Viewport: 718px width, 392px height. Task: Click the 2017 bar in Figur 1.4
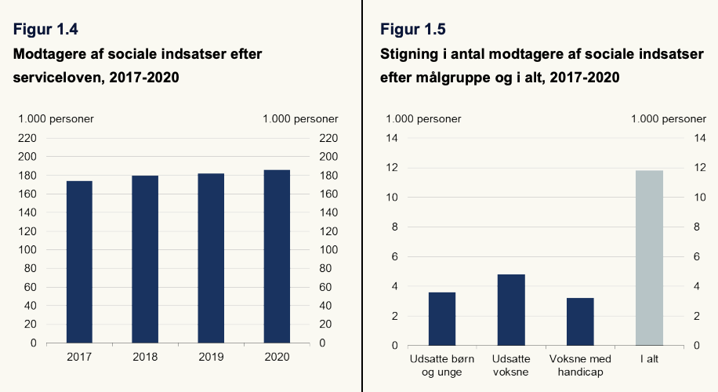coord(79,262)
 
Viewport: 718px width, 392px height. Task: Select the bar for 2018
coord(145,260)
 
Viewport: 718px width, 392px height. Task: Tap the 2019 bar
coord(211,258)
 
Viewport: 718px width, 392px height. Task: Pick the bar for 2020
coord(277,256)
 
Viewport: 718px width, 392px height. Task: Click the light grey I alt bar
coord(649,258)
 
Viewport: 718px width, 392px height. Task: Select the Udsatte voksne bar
coord(511,310)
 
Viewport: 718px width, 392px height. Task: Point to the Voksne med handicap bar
coord(580,321)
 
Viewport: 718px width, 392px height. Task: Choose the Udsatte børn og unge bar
coord(442,319)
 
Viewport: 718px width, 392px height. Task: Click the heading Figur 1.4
coord(45,29)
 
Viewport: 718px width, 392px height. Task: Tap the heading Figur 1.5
coord(412,29)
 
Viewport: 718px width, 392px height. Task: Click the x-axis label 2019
coord(211,357)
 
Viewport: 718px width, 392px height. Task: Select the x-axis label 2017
coord(79,357)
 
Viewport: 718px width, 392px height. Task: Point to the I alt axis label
coord(649,359)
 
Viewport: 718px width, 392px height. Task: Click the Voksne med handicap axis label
coord(580,365)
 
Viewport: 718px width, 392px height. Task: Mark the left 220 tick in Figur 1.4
coord(27,138)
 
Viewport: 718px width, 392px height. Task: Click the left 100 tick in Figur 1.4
coord(27,250)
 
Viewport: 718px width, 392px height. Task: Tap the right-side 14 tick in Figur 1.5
coord(700,138)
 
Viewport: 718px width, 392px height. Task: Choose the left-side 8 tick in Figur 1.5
coord(395,227)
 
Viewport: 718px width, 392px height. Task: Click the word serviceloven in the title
coord(57,78)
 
